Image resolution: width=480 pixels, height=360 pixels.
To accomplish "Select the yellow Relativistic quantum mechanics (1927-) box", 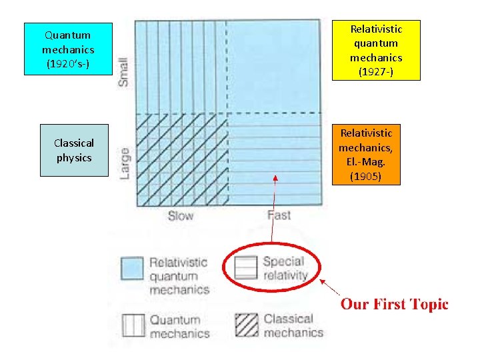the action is tap(376, 50).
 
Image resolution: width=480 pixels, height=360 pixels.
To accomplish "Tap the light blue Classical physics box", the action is tap(74, 150).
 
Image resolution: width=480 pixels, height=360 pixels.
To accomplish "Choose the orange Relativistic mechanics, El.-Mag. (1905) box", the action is tap(366, 155).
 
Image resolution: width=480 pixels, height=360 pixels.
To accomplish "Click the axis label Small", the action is tap(123, 71).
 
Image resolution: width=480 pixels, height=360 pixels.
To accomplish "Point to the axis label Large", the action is tap(124, 163).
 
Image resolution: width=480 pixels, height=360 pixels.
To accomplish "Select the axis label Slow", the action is tap(180, 215).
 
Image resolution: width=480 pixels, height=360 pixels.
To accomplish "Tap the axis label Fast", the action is tap(279, 215).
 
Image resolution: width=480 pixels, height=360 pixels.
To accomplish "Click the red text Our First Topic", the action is tap(395, 305).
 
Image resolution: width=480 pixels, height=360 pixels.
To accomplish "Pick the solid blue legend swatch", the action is tap(133, 269).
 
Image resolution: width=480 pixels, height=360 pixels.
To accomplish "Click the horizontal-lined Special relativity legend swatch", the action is tap(246, 268).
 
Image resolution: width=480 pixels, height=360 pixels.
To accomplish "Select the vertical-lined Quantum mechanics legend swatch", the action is tap(133, 326).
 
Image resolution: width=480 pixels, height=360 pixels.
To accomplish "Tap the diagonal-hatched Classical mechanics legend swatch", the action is tap(247, 325).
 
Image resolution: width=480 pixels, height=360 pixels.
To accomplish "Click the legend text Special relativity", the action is tap(285, 268).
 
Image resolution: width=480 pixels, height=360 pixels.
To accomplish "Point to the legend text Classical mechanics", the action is tap(288, 325).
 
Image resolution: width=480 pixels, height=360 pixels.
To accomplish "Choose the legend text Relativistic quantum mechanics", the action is tap(178, 276).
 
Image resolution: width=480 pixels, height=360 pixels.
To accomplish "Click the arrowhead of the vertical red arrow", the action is tap(276, 177).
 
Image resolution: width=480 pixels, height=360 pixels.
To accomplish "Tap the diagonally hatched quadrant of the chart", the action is tap(181, 160).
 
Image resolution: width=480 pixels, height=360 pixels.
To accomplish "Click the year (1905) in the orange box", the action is tap(366, 177).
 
